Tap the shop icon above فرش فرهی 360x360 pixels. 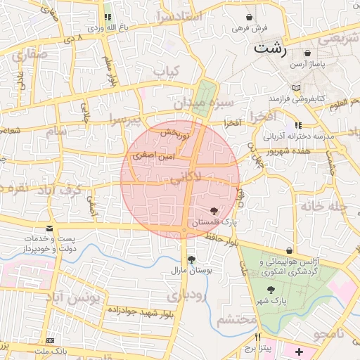pos(250,17)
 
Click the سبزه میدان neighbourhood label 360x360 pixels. pos(203,103)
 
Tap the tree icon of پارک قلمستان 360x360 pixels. pos(214,210)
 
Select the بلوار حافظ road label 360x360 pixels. pos(223,239)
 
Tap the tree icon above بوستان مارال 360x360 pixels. pos(192,259)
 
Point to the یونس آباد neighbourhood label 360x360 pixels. pos(75,299)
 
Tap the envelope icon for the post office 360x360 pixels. pos(49,229)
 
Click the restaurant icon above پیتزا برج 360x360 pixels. pos(258,337)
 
